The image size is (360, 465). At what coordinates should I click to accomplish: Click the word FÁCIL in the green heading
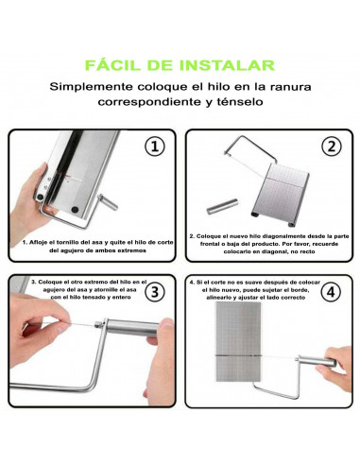click(x=112, y=64)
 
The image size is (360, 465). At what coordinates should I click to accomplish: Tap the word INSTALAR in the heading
click(x=227, y=65)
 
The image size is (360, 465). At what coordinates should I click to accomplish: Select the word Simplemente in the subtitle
click(x=92, y=87)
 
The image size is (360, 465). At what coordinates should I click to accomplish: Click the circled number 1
click(x=155, y=146)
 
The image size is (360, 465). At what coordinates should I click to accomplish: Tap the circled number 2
click(x=332, y=146)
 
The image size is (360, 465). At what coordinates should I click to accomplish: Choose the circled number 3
click(x=155, y=291)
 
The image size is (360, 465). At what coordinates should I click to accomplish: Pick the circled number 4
click(x=331, y=291)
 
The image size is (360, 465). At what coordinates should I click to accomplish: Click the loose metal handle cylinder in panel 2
click(x=222, y=206)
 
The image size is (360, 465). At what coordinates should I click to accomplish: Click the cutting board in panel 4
click(x=238, y=342)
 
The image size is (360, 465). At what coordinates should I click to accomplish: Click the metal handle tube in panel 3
click(x=132, y=327)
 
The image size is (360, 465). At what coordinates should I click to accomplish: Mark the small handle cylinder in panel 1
click(x=108, y=202)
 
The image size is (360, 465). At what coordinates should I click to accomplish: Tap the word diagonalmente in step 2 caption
click(x=280, y=236)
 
